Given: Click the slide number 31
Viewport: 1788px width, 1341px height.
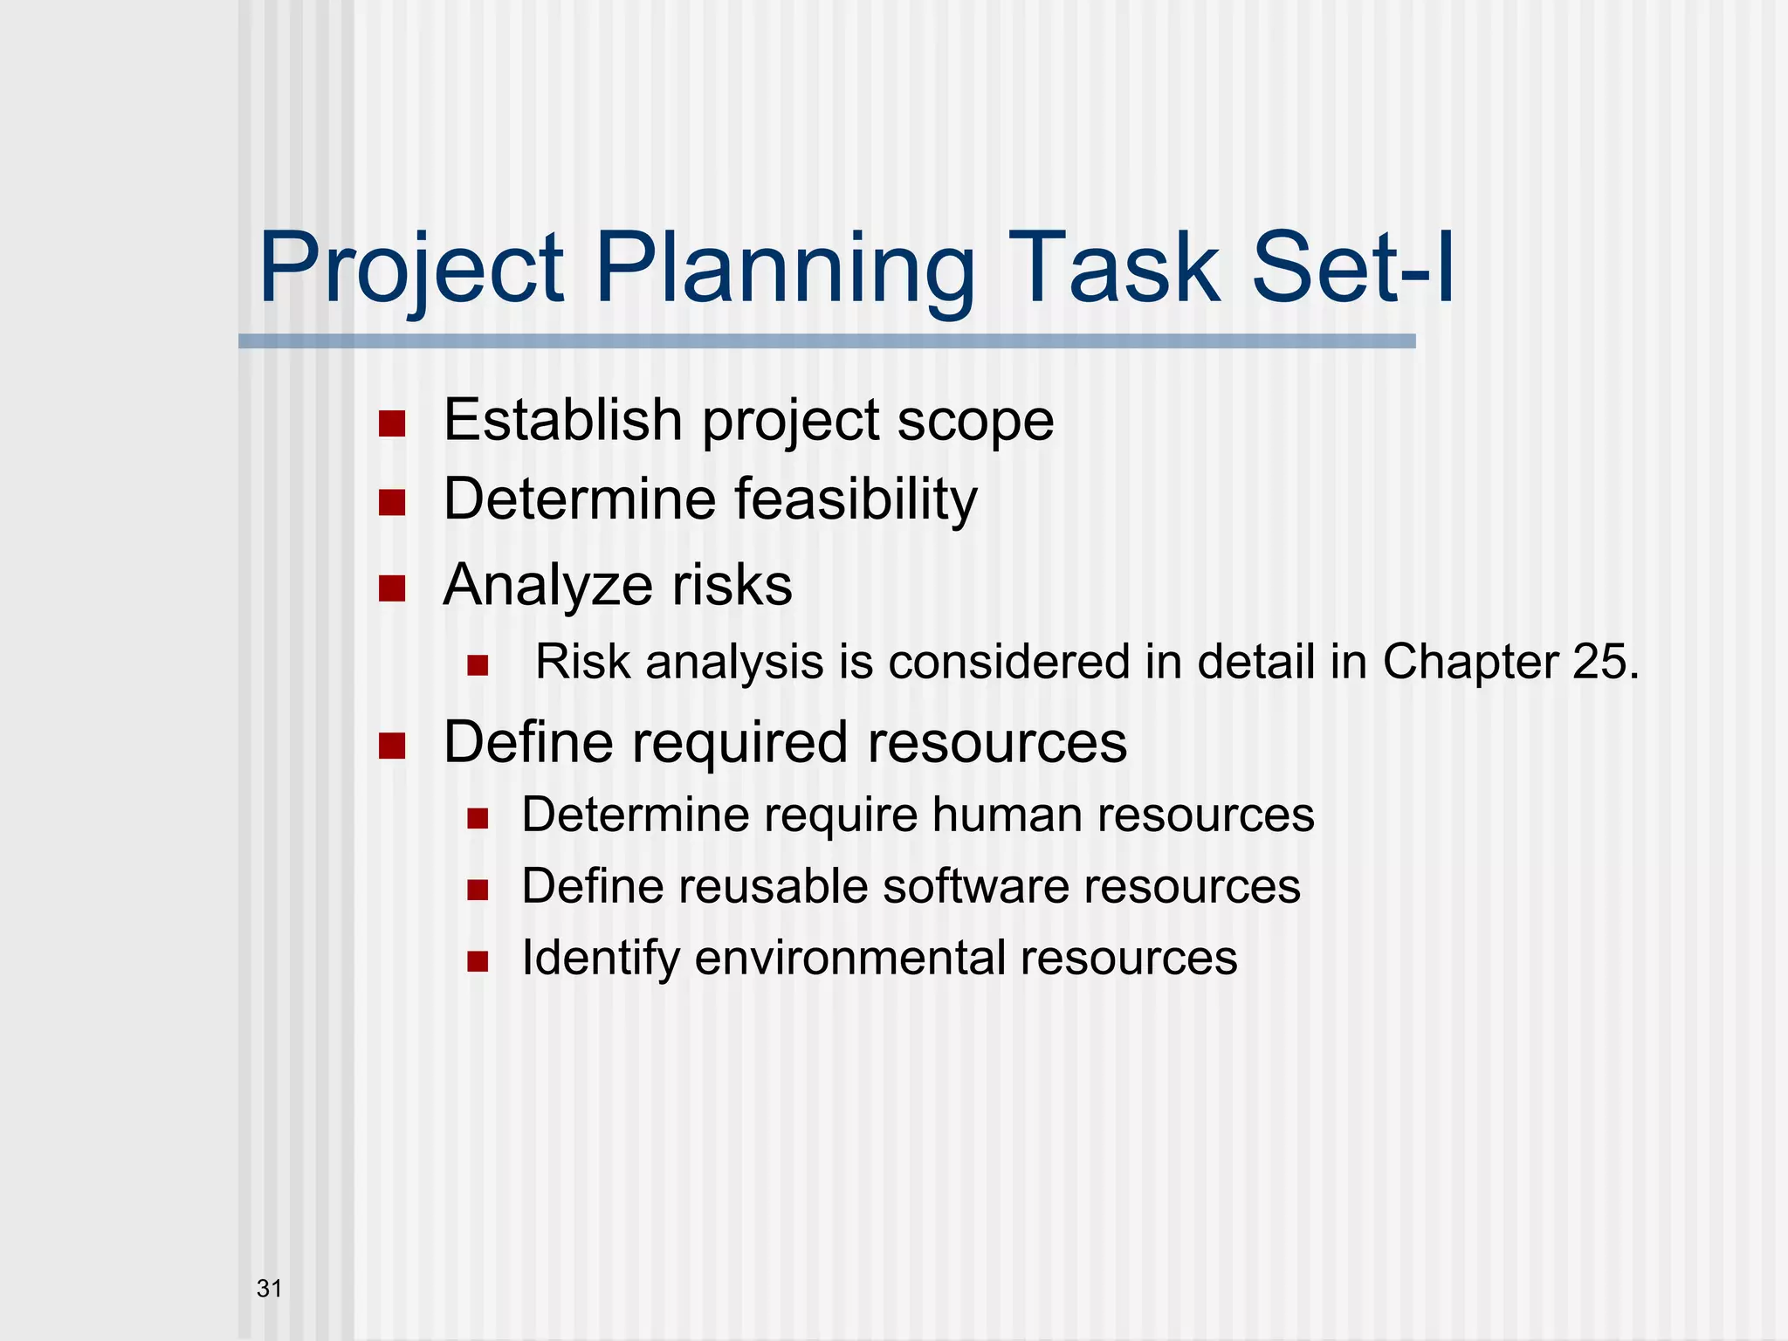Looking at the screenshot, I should click(x=269, y=1288).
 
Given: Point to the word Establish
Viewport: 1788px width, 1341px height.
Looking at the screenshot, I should click(x=562, y=420).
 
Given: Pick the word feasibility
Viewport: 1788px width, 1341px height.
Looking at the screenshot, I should click(x=856, y=499).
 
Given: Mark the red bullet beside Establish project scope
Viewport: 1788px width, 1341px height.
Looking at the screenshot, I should click(x=392, y=424).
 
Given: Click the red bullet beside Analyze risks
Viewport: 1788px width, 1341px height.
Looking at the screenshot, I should click(x=392, y=588).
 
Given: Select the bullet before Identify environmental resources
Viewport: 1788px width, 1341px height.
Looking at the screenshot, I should click(x=477, y=962).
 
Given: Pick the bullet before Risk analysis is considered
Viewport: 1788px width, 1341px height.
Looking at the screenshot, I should click(x=477, y=666).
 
